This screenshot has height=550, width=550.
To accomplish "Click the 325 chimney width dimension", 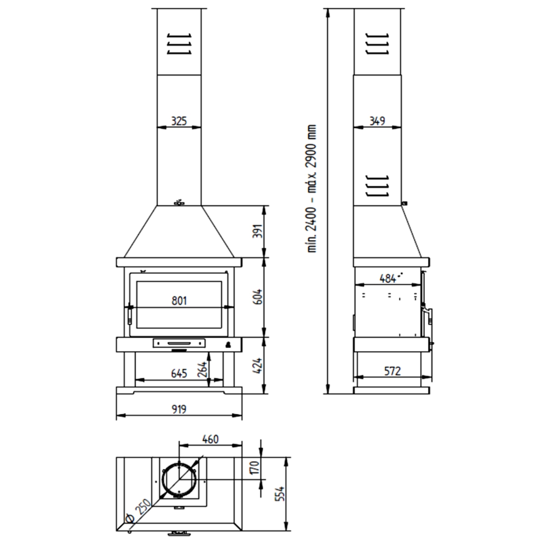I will (x=179, y=121).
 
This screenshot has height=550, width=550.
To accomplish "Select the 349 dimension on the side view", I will (x=377, y=121).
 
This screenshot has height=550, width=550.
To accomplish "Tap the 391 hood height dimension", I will (x=258, y=232).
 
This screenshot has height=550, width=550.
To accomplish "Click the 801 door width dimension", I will (x=179, y=301).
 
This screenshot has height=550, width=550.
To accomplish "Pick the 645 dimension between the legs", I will (x=179, y=374).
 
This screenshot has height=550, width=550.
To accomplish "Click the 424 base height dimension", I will (x=258, y=365).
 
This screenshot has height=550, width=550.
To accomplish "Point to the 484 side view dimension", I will (x=388, y=278).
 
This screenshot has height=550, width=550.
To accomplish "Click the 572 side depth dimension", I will (x=391, y=371).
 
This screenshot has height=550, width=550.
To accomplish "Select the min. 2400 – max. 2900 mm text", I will (x=313, y=188).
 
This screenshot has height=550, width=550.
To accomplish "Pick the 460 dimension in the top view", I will (x=210, y=439).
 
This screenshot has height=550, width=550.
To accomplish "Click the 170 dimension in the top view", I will (x=255, y=468).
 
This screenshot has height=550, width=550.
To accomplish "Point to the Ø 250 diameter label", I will (x=137, y=512).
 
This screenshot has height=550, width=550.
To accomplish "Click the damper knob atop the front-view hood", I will (x=179, y=202).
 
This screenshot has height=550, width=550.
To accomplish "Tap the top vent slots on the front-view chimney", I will (x=179, y=44).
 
